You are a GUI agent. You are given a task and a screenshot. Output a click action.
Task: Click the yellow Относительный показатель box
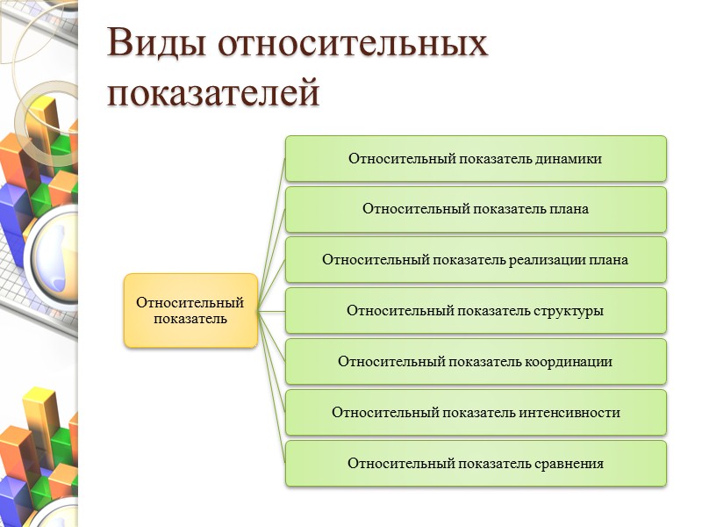pos(190,310)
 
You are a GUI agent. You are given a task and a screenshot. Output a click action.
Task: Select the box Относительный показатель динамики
pos(476,159)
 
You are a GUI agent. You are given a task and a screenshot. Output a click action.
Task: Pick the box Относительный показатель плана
pos(476,209)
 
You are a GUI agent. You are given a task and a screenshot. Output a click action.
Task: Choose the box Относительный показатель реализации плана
pos(476,260)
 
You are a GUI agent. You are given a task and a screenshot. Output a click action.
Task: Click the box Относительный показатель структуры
pos(476,311)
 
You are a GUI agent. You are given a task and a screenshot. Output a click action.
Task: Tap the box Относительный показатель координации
pos(476,362)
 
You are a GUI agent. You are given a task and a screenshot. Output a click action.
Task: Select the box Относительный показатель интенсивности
pos(476,413)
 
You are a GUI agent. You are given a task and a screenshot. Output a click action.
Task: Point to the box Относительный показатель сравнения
pos(476,463)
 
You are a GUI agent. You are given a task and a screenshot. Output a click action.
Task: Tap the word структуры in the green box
pos(568,311)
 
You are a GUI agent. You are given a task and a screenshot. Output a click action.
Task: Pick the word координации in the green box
pos(572,362)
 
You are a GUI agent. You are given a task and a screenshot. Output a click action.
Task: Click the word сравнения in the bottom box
pos(569,463)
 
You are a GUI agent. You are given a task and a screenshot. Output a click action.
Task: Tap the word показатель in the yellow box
pos(190,319)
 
